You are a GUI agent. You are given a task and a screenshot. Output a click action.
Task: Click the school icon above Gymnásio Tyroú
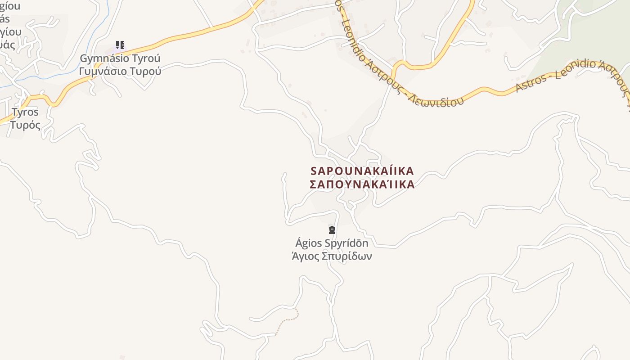click(120, 45)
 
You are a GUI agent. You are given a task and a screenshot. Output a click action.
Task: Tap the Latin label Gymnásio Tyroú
click(120, 58)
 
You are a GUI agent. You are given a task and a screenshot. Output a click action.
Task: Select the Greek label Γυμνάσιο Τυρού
click(120, 71)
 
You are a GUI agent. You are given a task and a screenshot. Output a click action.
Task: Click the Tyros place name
click(25, 112)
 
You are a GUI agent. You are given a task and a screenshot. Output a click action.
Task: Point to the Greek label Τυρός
click(25, 125)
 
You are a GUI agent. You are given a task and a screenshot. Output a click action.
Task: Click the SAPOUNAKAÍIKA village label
click(362, 171)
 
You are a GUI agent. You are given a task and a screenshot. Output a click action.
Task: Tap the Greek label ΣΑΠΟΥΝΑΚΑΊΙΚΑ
click(362, 184)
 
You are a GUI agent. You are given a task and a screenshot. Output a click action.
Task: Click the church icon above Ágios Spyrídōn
click(332, 230)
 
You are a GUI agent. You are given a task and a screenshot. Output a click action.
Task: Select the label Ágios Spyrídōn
click(332, 243)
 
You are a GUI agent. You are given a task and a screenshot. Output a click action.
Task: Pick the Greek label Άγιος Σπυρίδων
click(332, 256)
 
